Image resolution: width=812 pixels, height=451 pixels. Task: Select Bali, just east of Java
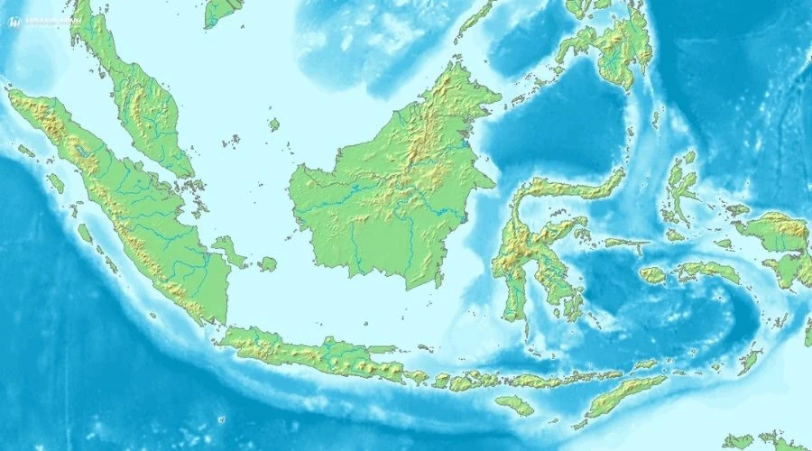click(x=416, y=376)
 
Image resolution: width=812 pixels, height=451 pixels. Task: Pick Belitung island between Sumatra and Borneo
click(x=267, y=264)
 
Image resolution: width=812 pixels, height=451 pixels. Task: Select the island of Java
click(x=307, y=354)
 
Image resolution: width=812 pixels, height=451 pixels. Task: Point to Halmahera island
click(x=680, y=189)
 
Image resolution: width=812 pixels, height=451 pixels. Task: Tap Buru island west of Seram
click(x=652, y=274)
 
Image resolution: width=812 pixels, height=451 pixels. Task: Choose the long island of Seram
click(x=708, y=270)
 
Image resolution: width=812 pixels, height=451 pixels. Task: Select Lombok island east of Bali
click(x=441, y=381)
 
